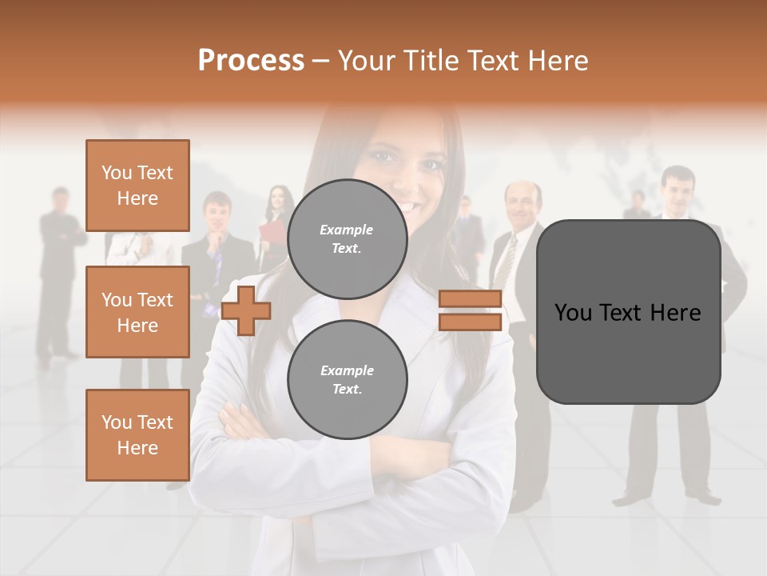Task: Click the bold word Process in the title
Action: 251,61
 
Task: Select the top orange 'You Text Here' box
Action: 137,186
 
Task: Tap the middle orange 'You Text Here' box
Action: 137,312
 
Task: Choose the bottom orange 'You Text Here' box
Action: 137,435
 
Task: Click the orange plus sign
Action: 246,310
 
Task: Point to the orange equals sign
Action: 470,310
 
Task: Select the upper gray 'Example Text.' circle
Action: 347,239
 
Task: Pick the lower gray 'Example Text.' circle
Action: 347,380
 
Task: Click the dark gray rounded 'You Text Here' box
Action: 628,312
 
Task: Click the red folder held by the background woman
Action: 271,231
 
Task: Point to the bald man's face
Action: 523,205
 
